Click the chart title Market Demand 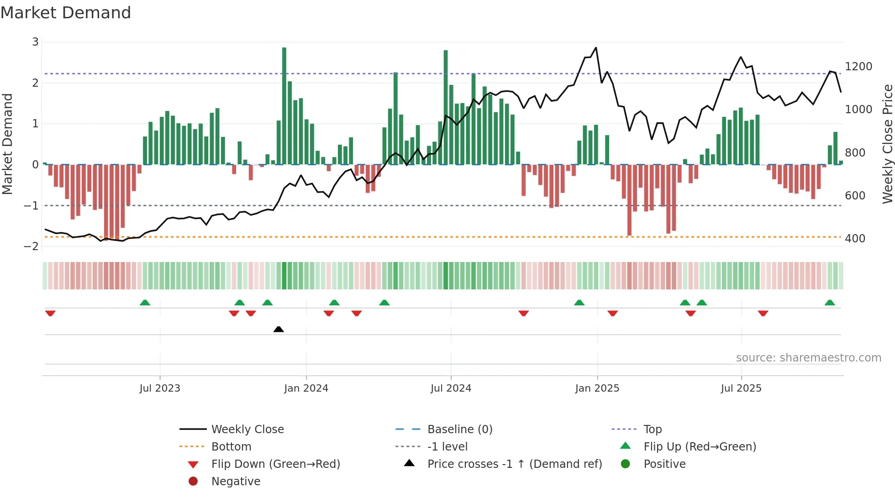(66, 13)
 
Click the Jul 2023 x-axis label (160, 388)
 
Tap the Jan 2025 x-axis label (597, 388)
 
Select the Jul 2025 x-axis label (741, 388)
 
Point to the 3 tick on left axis (35, 42)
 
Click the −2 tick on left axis (32, 246)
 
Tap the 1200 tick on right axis (858, 67)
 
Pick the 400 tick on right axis (855, 239)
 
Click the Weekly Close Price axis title (887, 144)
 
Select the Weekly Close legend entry (247, 430)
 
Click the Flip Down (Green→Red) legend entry (275, 464)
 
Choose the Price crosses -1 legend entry (514, 464)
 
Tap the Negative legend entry (236, 482)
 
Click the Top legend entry (652, 430)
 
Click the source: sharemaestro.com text (808, 358)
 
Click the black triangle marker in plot (279, 329)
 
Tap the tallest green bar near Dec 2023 (284, 105)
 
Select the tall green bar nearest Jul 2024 (446, 107)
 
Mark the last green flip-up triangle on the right (830, 303)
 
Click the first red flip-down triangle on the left (50, 313)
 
